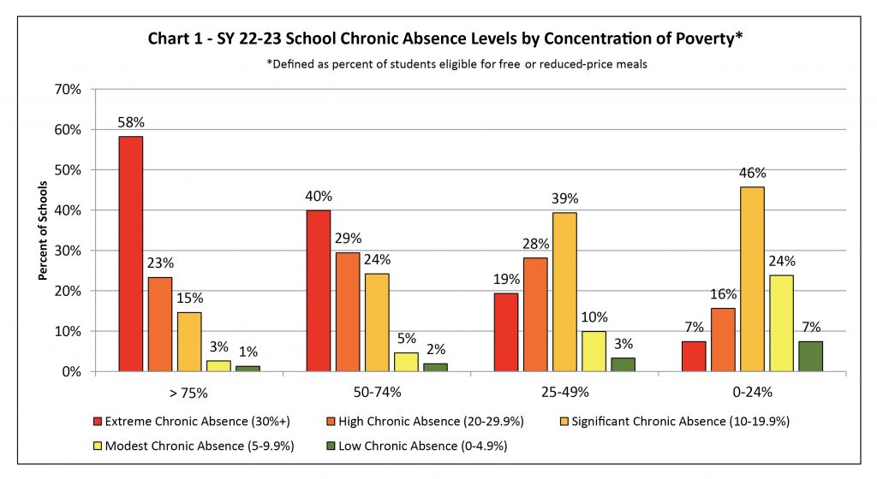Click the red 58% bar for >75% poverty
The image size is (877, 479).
point(130,254)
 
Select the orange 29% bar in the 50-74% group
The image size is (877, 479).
point(348,312)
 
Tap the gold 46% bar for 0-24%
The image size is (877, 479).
point(752,279)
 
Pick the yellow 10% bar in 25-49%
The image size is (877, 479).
point(594,352)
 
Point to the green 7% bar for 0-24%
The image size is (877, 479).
point(811,357)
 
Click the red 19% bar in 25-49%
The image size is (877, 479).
point(506,333)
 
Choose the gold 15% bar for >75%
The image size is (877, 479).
point(189,342)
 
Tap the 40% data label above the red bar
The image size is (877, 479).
point(319,197)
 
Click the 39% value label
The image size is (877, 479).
point(565,198)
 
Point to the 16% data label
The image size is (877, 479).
point(723,294)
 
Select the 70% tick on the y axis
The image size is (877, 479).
point(68,89)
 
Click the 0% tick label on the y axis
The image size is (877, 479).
point(72,372)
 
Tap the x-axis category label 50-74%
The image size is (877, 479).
point(377,393)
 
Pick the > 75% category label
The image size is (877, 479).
point(188,393)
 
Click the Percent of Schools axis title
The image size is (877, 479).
point(43,231)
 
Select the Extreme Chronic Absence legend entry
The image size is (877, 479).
point(192,422)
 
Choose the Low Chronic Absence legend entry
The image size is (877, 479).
point(417,446)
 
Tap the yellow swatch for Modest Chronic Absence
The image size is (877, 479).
point(98,446)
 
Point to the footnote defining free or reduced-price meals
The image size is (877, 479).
point(456,64)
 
